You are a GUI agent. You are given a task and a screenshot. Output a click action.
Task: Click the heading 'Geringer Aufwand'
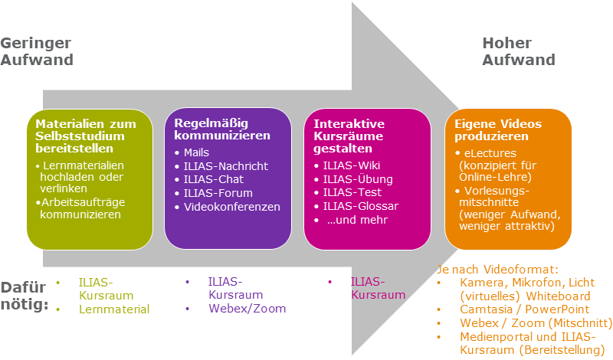click(x=37, y=51)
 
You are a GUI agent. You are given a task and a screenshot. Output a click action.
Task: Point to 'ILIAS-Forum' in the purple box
click(x=218, y=193)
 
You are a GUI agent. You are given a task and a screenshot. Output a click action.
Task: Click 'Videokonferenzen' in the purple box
click(x=231, y=207)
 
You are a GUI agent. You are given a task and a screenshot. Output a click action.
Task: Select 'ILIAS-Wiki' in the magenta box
click(x=352, y=165)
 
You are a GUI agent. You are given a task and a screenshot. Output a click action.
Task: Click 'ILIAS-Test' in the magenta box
click(x=352, y=193)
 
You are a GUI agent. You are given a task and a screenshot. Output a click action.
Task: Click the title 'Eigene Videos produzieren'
click(x=497, y=129)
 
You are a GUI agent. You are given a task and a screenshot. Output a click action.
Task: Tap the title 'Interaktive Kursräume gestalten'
click(x=349, y=136)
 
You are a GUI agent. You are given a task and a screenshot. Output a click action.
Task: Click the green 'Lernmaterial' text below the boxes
click(x=113, y=309)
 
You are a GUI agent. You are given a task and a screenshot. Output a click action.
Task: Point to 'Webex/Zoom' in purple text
click(x=247, y=309)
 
